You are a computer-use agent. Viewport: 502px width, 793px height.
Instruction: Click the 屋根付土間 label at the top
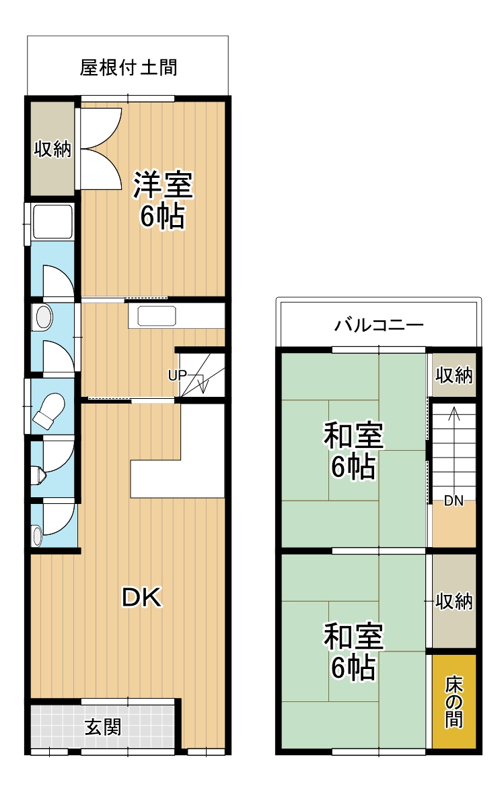coord(129,68)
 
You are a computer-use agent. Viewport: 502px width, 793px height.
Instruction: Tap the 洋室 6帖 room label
coord(163,200)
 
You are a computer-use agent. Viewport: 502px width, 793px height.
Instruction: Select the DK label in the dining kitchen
coord(141,597)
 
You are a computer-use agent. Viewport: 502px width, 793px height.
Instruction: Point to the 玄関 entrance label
coord(103,727)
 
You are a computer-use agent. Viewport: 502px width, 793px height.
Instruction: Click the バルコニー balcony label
coord(380,325)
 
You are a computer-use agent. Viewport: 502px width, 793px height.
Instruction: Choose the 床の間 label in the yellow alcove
coord(454,702)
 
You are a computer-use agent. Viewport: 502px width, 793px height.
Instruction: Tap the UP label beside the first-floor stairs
coord(176,375)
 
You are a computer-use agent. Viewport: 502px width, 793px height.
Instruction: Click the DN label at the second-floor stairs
coord(453,501)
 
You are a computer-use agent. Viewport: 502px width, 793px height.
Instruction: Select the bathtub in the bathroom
coord(52,221)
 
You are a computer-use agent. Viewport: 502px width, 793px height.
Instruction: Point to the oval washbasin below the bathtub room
coord(42,317)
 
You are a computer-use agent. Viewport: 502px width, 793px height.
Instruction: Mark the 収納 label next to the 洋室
coord(52,149)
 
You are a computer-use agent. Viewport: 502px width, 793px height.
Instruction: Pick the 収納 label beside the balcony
coord(454,375)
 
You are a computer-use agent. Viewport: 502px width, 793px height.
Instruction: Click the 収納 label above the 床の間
coord(454,601)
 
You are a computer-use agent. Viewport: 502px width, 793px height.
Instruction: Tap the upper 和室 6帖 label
coord(353,451)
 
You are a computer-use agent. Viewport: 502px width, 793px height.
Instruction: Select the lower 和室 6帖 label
coord(353,652)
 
